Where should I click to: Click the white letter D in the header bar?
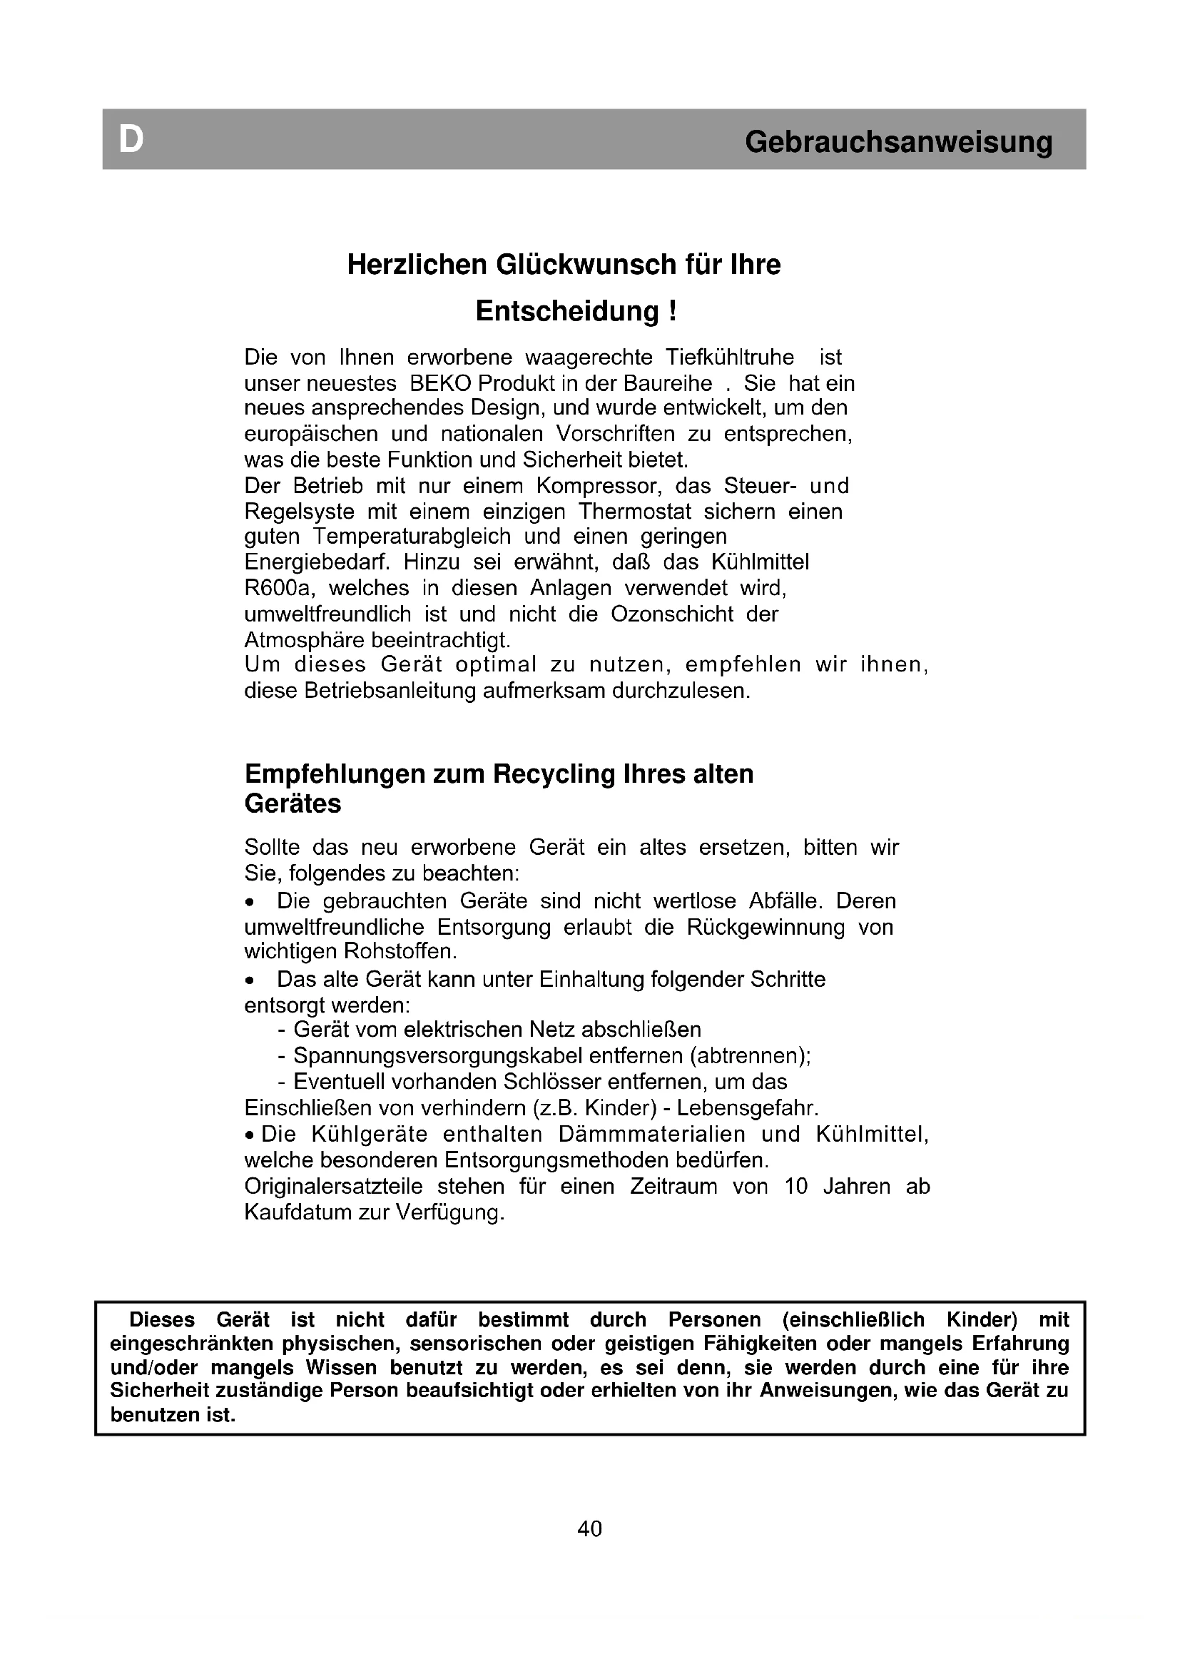coord(131,139)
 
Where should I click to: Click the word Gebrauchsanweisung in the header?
coord(898,142)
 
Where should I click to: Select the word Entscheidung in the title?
coord(566,311)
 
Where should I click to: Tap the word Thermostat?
coord(635,512)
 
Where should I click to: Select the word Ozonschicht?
coord(672,614)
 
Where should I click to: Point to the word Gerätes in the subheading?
coord(293,804)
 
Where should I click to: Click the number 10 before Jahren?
coord(796,1187)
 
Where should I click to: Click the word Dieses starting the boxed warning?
coord(162,1319)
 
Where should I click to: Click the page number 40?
coord(589,1529)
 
